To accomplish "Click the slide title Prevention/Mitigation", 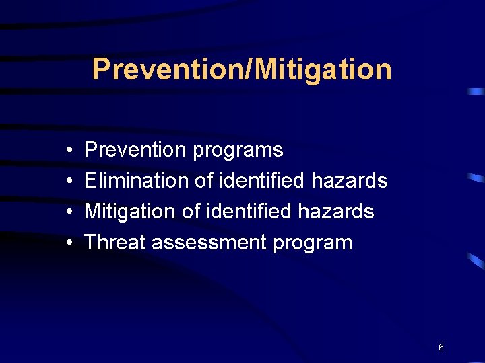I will [x=242, y=69].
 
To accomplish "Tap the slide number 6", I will [x=441, y=347].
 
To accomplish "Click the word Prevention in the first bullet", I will [x=135, y=149].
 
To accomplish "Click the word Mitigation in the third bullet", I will [x=129, y=212].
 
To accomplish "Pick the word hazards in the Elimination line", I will [x=350, y=180].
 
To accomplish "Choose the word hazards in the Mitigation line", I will [x=336, y=211].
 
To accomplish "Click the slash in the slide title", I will [x=217, y=69].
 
